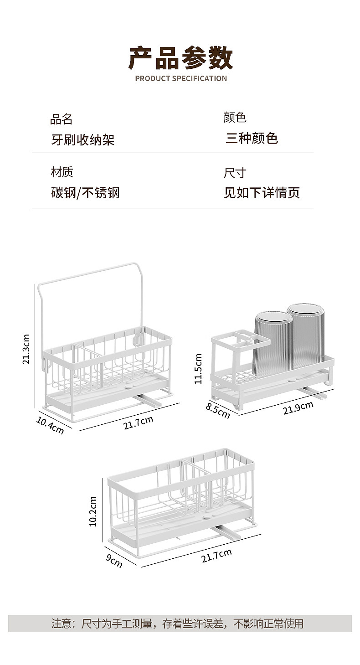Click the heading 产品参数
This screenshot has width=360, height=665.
(x=180, y=58)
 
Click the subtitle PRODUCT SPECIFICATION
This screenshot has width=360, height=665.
(x=180, y=78)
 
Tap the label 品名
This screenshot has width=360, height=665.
(x=62, y=119)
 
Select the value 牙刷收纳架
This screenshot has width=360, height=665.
(x=82, y=139)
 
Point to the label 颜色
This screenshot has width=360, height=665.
(x=235, y=118)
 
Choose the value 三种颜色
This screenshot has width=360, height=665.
(x=252, y=138)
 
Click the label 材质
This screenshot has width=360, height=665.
(x=62, y=172)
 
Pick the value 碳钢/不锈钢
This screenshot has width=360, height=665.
(x=85, y=193)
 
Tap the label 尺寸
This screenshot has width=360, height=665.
(x=235, y=173)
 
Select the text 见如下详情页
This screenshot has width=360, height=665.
(x=262, y=193)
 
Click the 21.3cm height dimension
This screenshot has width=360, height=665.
(x=26, y=349)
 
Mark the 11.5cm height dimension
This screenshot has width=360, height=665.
(x=198, y=369)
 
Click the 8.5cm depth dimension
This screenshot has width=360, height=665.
(x=217, y=411)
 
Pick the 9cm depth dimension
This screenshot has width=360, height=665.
(x=114, y=560)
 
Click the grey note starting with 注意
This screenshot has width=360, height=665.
(x=177, y=624)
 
